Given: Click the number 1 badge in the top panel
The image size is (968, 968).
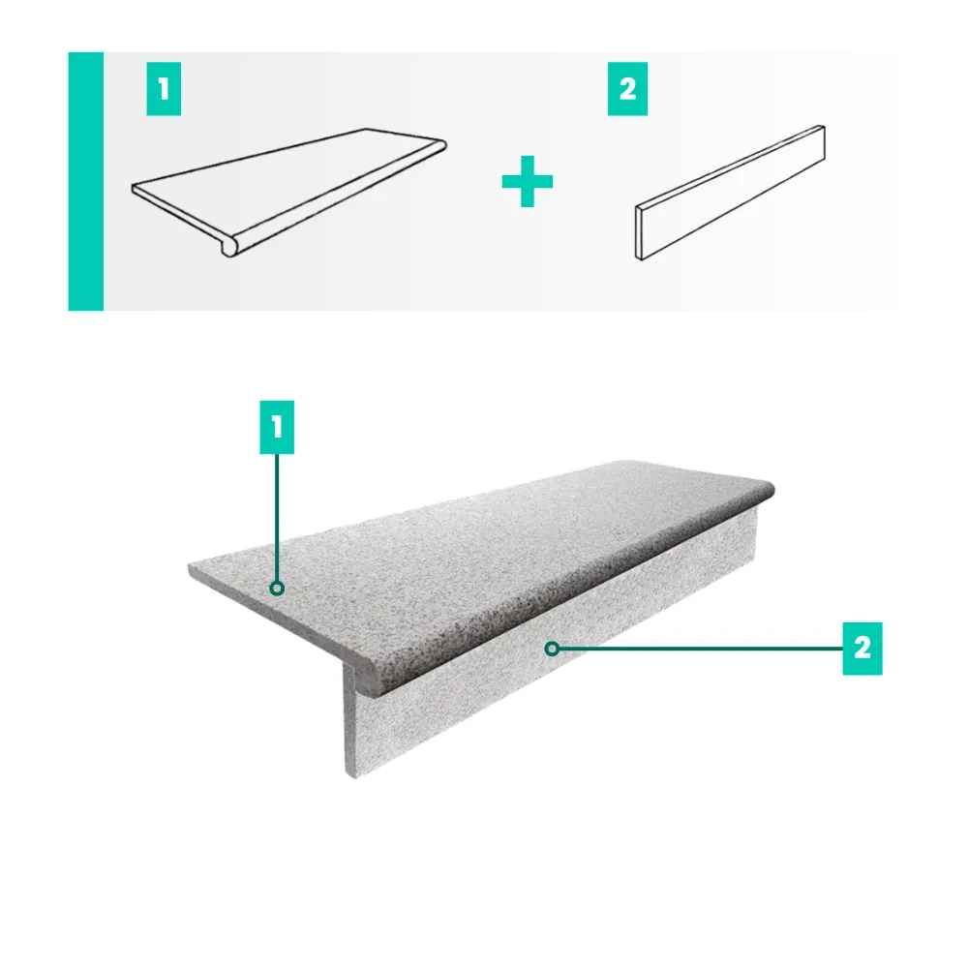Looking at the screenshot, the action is (164, 89).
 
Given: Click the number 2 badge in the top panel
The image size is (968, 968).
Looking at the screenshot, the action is (627, 89).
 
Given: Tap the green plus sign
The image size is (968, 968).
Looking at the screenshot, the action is (528, 182).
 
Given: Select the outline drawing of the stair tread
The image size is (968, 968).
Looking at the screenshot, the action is (288, 193).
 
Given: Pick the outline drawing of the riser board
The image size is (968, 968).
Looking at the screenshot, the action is (730, 193).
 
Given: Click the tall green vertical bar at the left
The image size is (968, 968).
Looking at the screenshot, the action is (86, 182).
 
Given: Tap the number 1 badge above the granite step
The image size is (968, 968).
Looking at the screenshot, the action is (277, 427).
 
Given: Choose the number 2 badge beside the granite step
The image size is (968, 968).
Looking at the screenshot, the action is (862, 649).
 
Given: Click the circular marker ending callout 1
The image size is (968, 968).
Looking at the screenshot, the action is (277, 589).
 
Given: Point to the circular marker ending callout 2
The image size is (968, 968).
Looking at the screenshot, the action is (553, 649).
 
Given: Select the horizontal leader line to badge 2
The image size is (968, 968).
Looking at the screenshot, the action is (701, 649).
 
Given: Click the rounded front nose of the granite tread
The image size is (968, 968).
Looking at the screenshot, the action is (568, 592).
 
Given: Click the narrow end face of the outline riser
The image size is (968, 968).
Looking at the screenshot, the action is (639, 232).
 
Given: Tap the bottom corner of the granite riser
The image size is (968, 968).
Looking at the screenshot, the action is (353, 776).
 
